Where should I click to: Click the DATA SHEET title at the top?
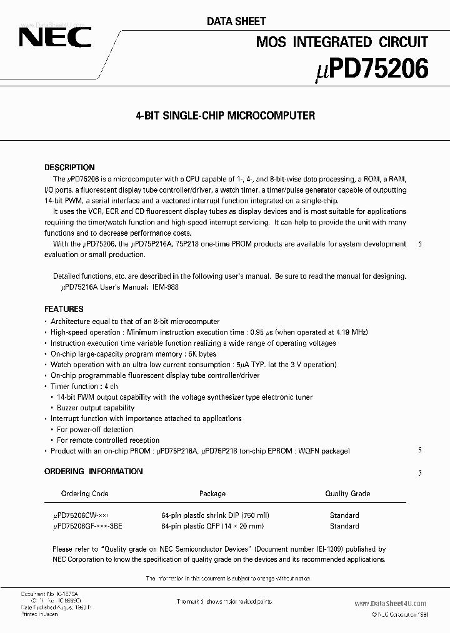coord(236,21)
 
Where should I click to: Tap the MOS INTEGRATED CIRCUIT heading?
coord(342,42)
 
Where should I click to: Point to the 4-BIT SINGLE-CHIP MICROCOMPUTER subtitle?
coord(225,116)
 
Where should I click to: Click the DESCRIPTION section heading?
coord(69,168)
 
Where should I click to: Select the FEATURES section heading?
coord(64,309)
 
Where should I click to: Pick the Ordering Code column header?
coord(84,494)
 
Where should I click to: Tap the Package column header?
coord(212,494)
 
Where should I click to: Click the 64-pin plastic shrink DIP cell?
coord(215,515)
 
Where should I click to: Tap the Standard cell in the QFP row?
coord(344,527)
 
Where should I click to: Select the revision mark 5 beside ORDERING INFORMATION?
coord(420,473)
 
